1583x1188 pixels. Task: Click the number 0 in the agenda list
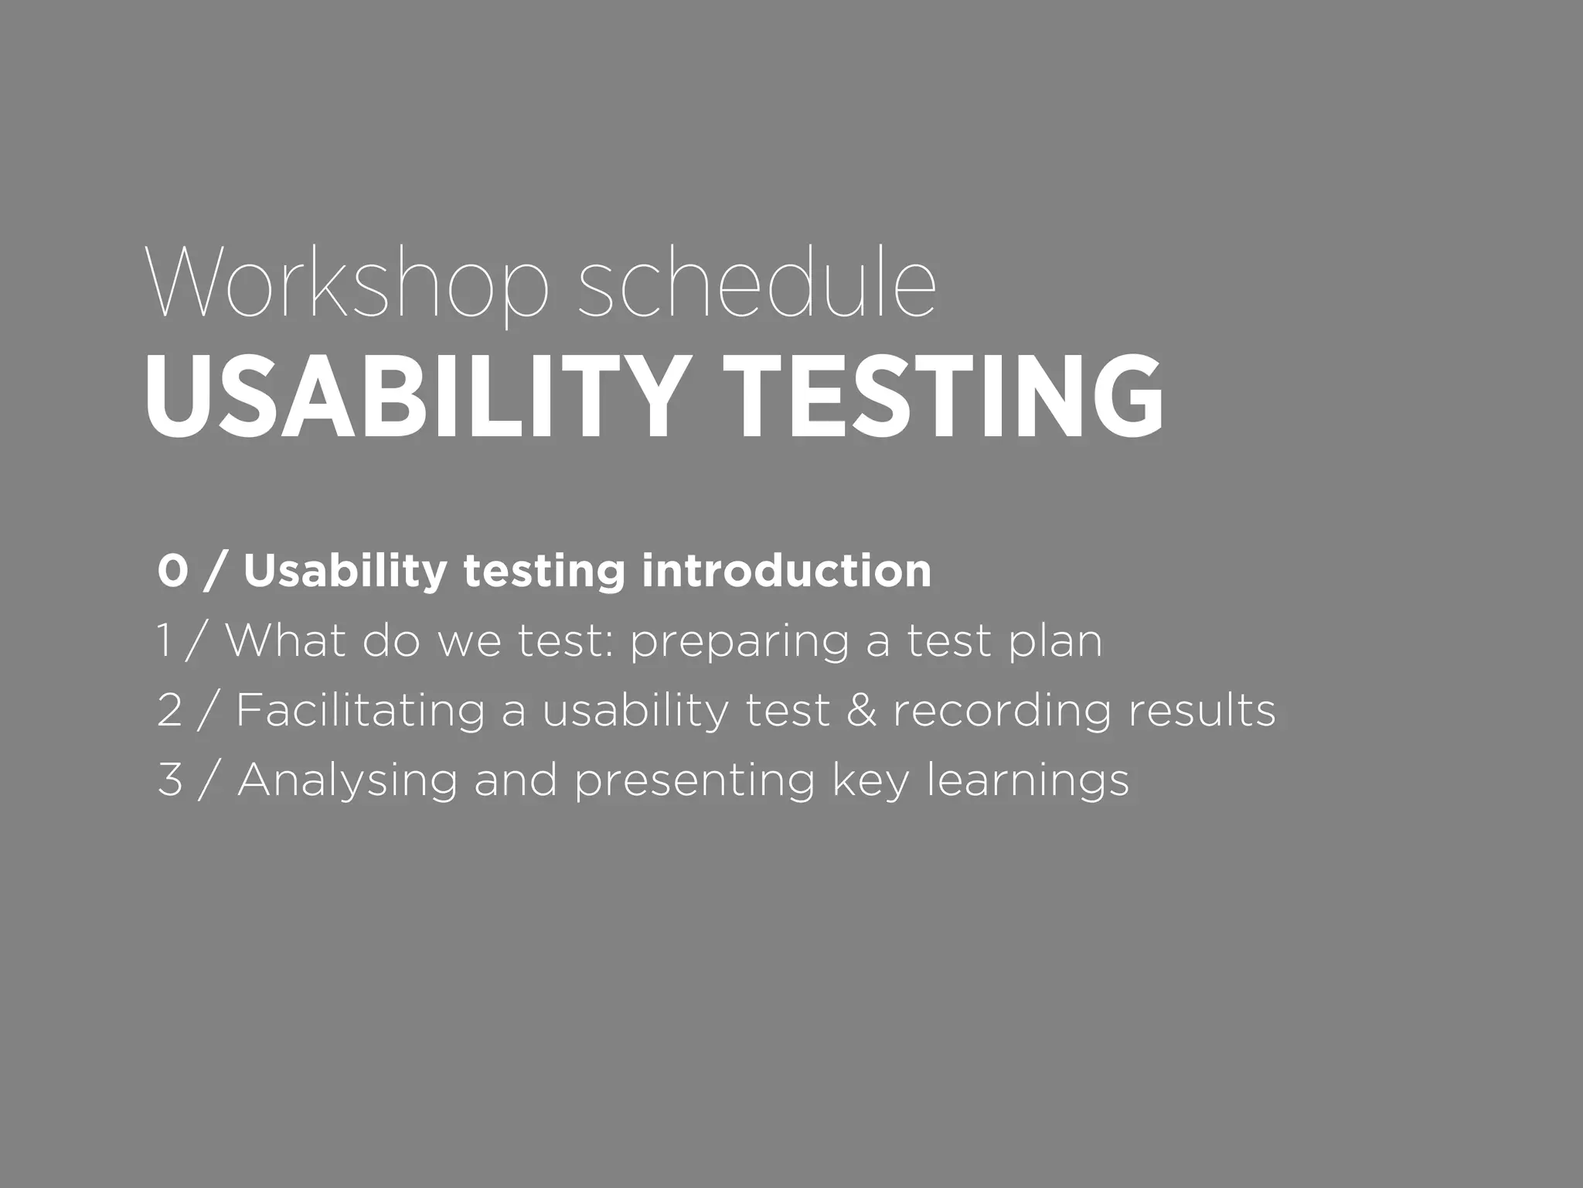[x=172, y=572]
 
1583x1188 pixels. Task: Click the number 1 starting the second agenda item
[x=164, y=641]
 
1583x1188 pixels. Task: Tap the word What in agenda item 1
[x=285, y=641]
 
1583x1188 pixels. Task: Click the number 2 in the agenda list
[x=169, y=710]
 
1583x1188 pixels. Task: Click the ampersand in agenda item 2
[x=861, y=711]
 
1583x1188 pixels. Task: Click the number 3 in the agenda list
[x=169, y=780]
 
